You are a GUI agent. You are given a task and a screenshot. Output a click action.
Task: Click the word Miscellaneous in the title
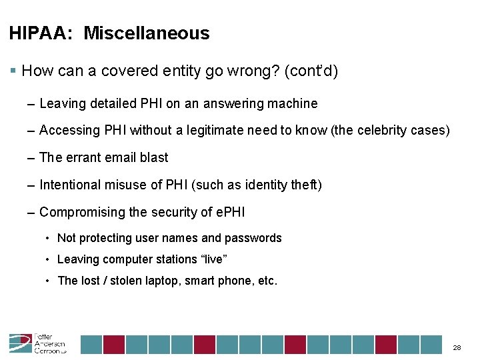146,33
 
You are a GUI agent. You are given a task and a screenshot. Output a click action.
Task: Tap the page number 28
457,348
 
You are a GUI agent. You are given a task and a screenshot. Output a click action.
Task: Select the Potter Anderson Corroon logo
37,343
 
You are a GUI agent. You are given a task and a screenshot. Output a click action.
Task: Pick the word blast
154,157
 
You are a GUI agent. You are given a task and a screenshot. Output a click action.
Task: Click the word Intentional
71,185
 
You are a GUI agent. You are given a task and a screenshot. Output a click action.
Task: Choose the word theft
307,185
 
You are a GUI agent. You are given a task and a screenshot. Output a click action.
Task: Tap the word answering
237,103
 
